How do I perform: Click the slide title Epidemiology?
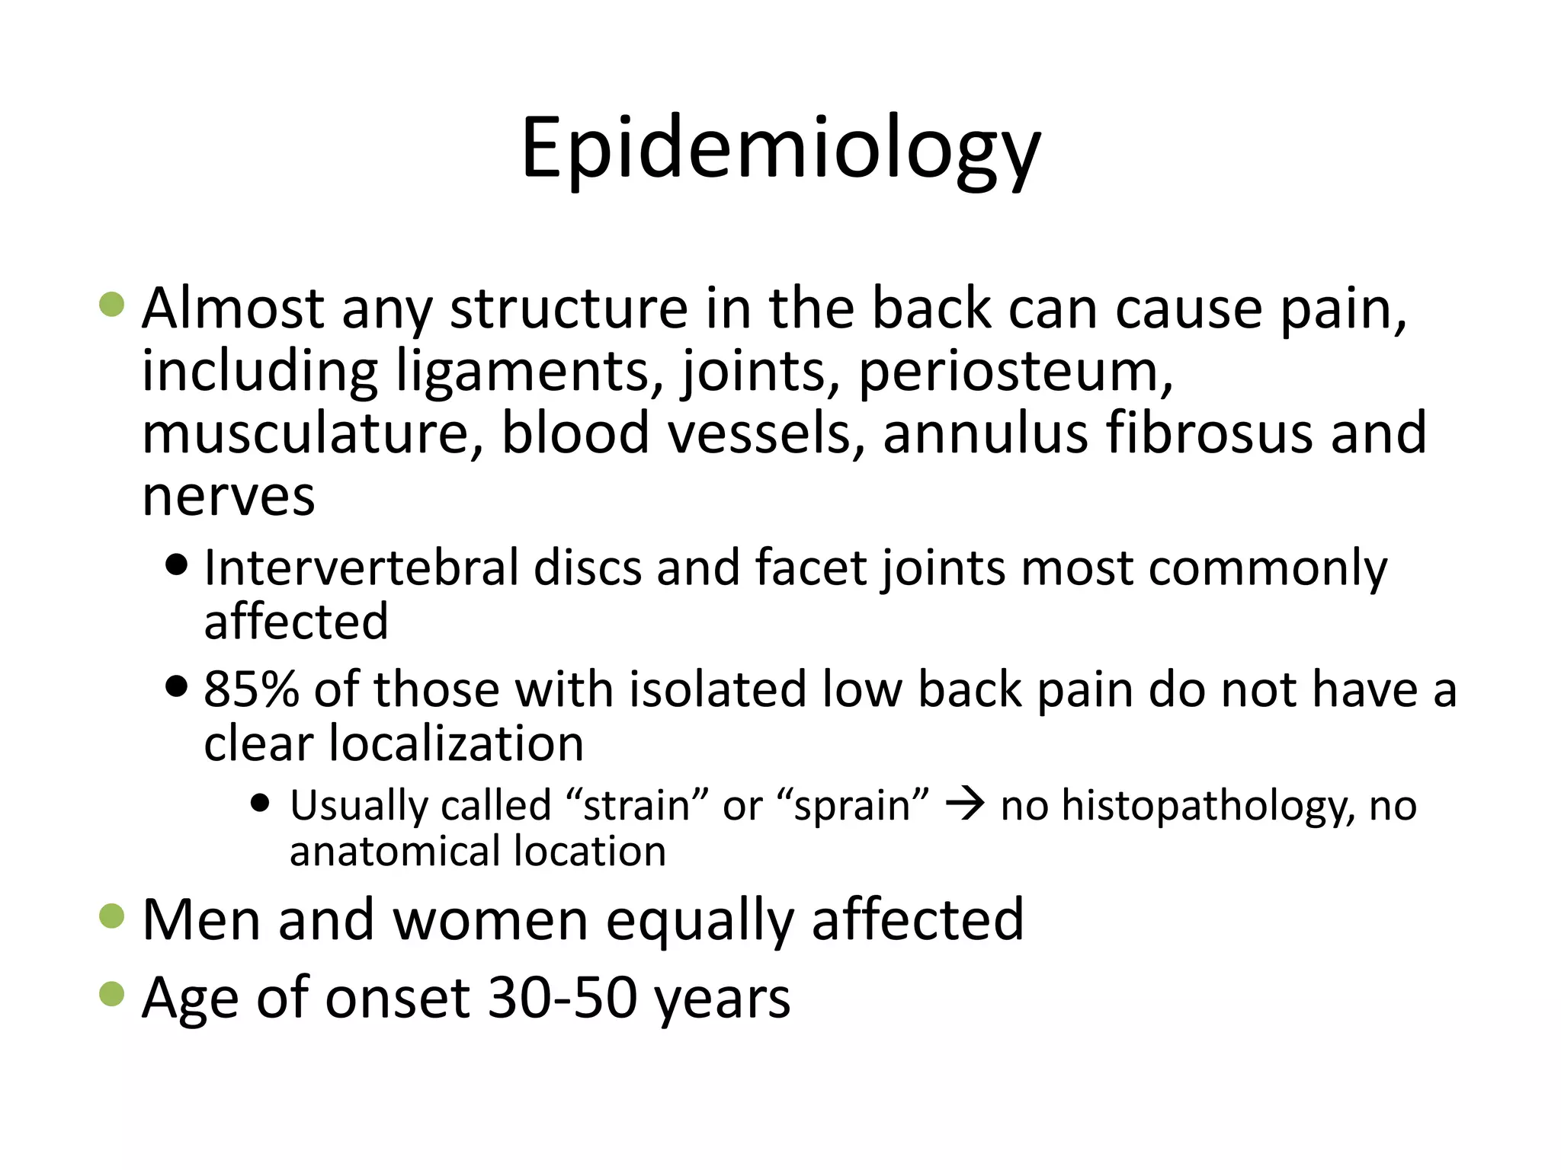tap(780, 149)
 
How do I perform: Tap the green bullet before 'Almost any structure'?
tap(112, 304)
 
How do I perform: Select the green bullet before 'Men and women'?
tap(112, 916)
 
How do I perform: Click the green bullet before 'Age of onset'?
tap(112, 994)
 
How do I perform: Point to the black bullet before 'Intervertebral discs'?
tap(176, 565)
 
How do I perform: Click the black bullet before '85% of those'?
tap(176, 686)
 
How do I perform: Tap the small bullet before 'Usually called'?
tap(261, 803)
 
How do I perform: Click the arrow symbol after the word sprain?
tap(965, 804)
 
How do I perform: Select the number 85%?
tap(251, 689)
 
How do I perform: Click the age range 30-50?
tap(563, 997)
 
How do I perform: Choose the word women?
tap(490, 920)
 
